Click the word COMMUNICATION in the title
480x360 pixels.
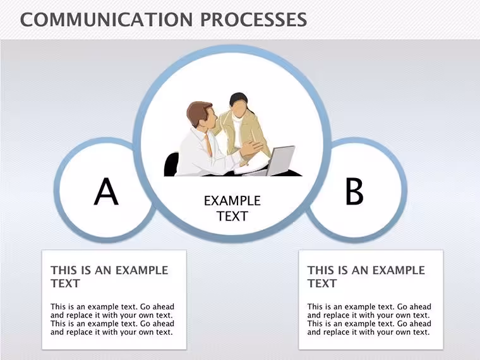tap(107, 20)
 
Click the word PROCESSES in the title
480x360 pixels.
tap(254, 20)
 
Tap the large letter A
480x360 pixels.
tap(106, 191)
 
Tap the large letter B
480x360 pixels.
tap(354, 191)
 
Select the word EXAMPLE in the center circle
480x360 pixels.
tap(232, 201)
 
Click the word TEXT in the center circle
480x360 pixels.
tap(232, 216)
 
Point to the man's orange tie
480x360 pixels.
tap(208, 144)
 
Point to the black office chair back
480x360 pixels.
tap(171, 164)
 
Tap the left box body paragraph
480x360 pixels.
tap(112, 320)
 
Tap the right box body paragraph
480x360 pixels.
tap(369, 320)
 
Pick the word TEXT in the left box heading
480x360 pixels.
tap(65, 284)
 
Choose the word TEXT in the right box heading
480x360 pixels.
tap(322, 284)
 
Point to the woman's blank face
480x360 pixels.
tap(239, 109)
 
